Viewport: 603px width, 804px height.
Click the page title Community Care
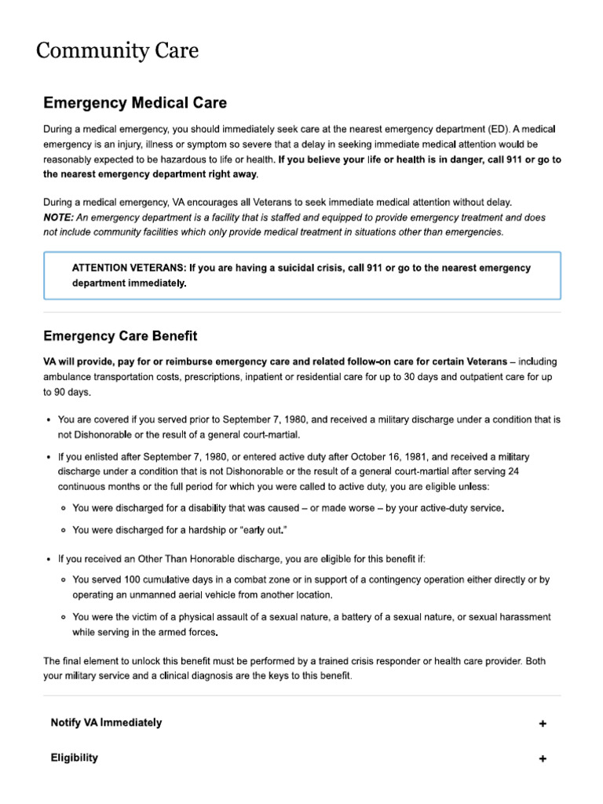(x=117, y=52)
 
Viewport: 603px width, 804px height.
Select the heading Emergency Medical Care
(x=135, y=103)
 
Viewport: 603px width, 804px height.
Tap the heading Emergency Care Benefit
(x=120, y=336)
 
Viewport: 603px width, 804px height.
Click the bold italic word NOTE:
(x=59, y=217)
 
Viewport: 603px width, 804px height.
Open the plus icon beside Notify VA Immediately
(x=543, y=724)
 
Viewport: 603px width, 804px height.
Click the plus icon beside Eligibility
(x=543, y=759)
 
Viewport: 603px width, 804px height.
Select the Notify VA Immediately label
(x=106, y=722)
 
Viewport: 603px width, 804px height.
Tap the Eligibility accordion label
(x=75, y=758)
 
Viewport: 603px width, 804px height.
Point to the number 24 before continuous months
(x=513, y=472)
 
